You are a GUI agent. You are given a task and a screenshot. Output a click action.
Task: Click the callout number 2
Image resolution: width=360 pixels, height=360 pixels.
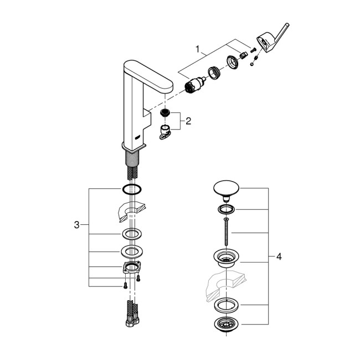click(188, 121)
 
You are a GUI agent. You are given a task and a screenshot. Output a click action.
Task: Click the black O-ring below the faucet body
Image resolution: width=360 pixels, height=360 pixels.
click(131, 189)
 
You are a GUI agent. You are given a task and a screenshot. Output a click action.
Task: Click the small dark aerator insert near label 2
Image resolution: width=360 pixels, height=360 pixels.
click(164, 113)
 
